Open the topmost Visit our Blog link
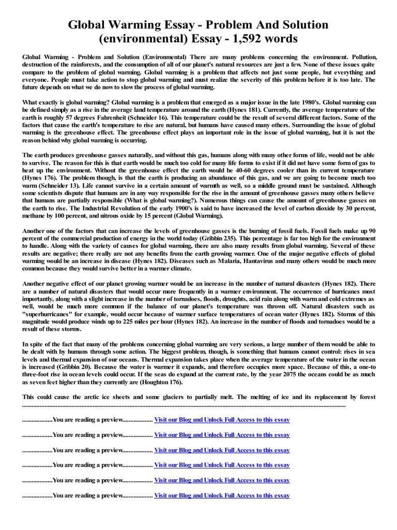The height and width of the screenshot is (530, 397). pyautogui.click(x=222, y=420)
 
